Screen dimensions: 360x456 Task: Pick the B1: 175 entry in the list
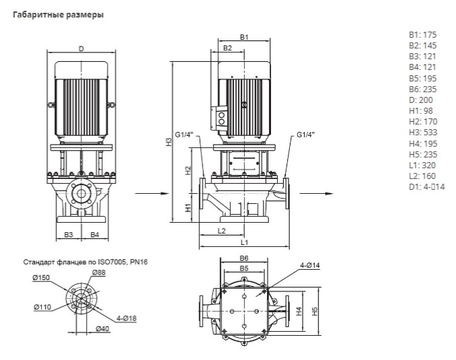tap(422, 34)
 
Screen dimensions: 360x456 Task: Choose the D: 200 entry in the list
tap(420, 99)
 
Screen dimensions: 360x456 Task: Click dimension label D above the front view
tap(81, 48)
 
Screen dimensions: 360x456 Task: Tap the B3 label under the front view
tap(69, 234)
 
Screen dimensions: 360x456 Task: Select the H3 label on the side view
tap(169, 141)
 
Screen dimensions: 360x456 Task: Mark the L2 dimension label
tap(222, 230)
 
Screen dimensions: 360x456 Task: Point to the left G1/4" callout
tap(184, 135)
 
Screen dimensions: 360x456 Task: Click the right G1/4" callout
tap(305, 135)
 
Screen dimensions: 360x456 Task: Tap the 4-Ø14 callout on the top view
tap(309, 265)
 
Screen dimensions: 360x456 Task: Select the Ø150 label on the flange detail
tap(40, 277)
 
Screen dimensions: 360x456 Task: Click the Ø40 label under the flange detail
tap(102, 328)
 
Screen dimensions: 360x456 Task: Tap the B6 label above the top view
tap(245, 259)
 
